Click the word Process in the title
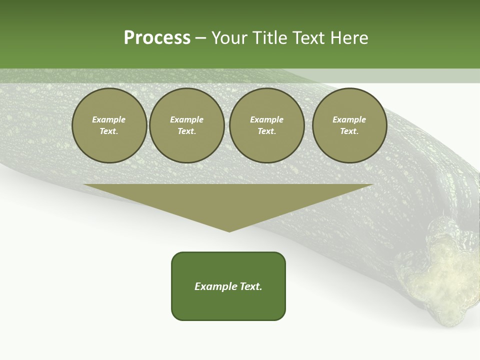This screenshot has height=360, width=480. coord(157,38)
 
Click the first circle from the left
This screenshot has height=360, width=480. coord(109,125)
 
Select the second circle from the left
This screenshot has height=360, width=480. coord(187,125)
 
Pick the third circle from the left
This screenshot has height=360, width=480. coord(267,125)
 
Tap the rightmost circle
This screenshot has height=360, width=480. coord(349,125)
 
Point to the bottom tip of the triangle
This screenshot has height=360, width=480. coord(229,231)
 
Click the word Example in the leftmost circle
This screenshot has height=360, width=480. coord(109,119)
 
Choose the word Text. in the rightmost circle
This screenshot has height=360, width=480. coord(349,131)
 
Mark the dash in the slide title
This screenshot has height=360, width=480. coord(200,38)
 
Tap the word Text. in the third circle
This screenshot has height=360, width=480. coord(267,131)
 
